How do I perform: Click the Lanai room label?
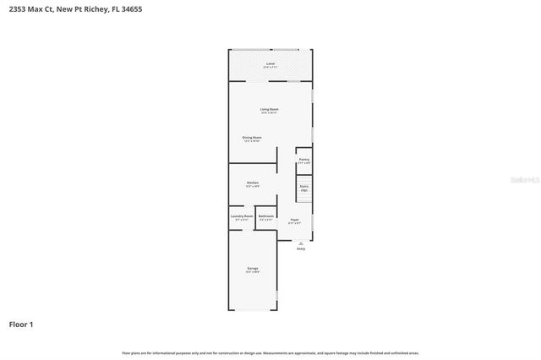point(270,63)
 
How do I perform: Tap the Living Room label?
point(270,109)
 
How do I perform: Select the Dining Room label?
point(252,137)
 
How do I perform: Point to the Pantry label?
point(303,159)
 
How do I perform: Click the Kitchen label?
point(252,182)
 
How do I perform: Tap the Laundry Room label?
point(242,215)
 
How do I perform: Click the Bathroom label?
point(266,215)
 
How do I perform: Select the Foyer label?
point(295,220)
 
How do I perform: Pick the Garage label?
point(252,268)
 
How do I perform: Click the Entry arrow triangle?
point(300,242)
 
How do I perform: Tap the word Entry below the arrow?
point(300,248)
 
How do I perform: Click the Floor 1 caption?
point(22,324)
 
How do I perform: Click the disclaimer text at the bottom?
point(270,352)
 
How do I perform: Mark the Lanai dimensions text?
point(270,68)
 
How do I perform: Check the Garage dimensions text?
point(252,272)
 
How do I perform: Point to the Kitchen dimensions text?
point(252,186)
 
